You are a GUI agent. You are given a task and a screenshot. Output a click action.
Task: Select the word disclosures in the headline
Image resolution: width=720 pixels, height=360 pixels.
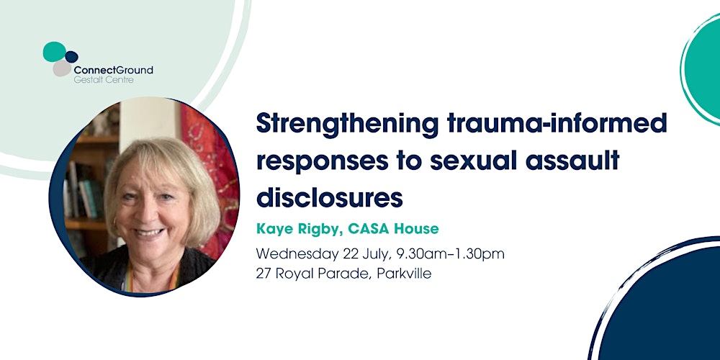tap(329, 195)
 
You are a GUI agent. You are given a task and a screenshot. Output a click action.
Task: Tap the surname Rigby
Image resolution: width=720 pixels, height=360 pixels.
tap(321, 229)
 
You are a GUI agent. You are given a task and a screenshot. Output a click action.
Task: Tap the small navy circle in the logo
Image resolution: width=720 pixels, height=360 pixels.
tap(71, 56)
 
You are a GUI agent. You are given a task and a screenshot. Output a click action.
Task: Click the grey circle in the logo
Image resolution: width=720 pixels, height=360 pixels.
tap(63, 68)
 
